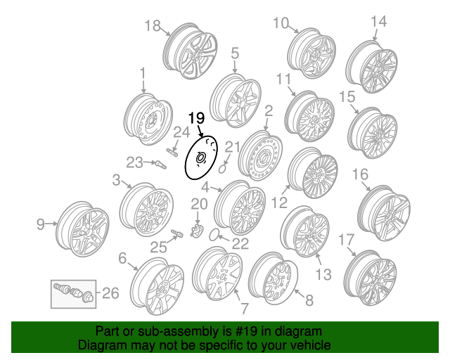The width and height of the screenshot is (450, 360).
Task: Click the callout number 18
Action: (x=153, y=26)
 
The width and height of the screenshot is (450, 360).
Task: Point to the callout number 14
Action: (x=378, y=22)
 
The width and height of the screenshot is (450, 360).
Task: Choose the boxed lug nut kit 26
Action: (x=72, y=293)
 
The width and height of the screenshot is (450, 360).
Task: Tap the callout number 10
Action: (x=281, y=24)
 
